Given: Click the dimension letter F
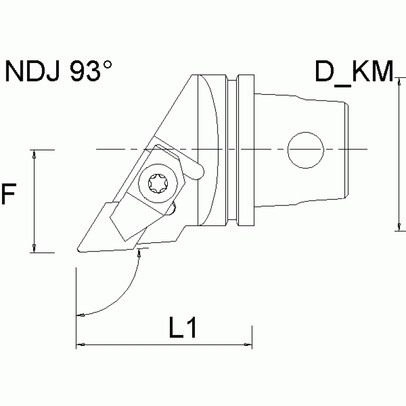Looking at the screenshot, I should [8, 194].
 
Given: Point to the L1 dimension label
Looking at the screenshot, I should [183, 329].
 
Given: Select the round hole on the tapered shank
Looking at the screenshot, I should [305, 149].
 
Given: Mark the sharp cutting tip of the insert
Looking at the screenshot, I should [78, 249].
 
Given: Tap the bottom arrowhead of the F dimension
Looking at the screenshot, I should [34, 248].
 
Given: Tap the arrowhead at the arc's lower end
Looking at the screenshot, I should [81, 316].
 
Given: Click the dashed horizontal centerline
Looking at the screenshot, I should [265, 149].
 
